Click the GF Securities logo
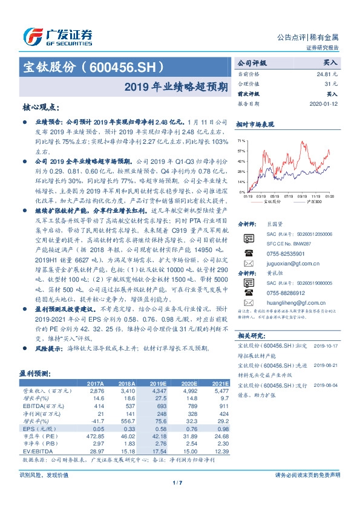click(58, 35)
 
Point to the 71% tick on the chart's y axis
click(241, 140)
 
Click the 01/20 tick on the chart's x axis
click(330, 196)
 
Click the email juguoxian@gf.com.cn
click(287, 264)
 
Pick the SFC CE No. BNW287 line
click(286, 243)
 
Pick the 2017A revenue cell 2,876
click(96, 391)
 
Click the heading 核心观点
click(41, 107)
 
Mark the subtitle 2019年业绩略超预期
click(177, 86)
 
